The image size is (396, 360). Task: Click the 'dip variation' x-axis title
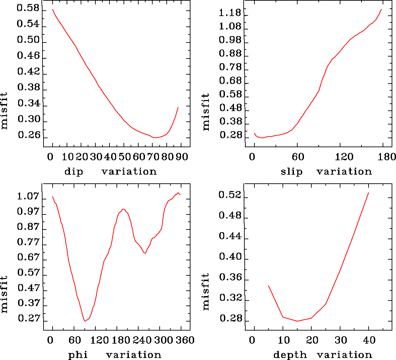point(110,172)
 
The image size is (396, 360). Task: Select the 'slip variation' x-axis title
point(326,172)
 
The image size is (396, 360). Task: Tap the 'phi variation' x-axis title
point(115,355)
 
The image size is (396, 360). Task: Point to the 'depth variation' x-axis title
point(323,355)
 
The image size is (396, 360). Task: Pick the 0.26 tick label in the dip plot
point(29,135)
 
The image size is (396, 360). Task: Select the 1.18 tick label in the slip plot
point(230,13)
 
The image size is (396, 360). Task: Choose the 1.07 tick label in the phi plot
point(28,196)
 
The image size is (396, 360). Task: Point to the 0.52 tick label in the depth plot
point(230,195)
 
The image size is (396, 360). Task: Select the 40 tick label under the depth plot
point(369,340)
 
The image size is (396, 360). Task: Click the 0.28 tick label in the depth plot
point(231,319)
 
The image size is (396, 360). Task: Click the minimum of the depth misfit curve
point(297,321)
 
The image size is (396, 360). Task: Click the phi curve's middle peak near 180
point(124,209)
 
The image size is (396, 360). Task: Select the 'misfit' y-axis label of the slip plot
point(206,112)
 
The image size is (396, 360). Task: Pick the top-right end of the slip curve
point(381,9)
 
